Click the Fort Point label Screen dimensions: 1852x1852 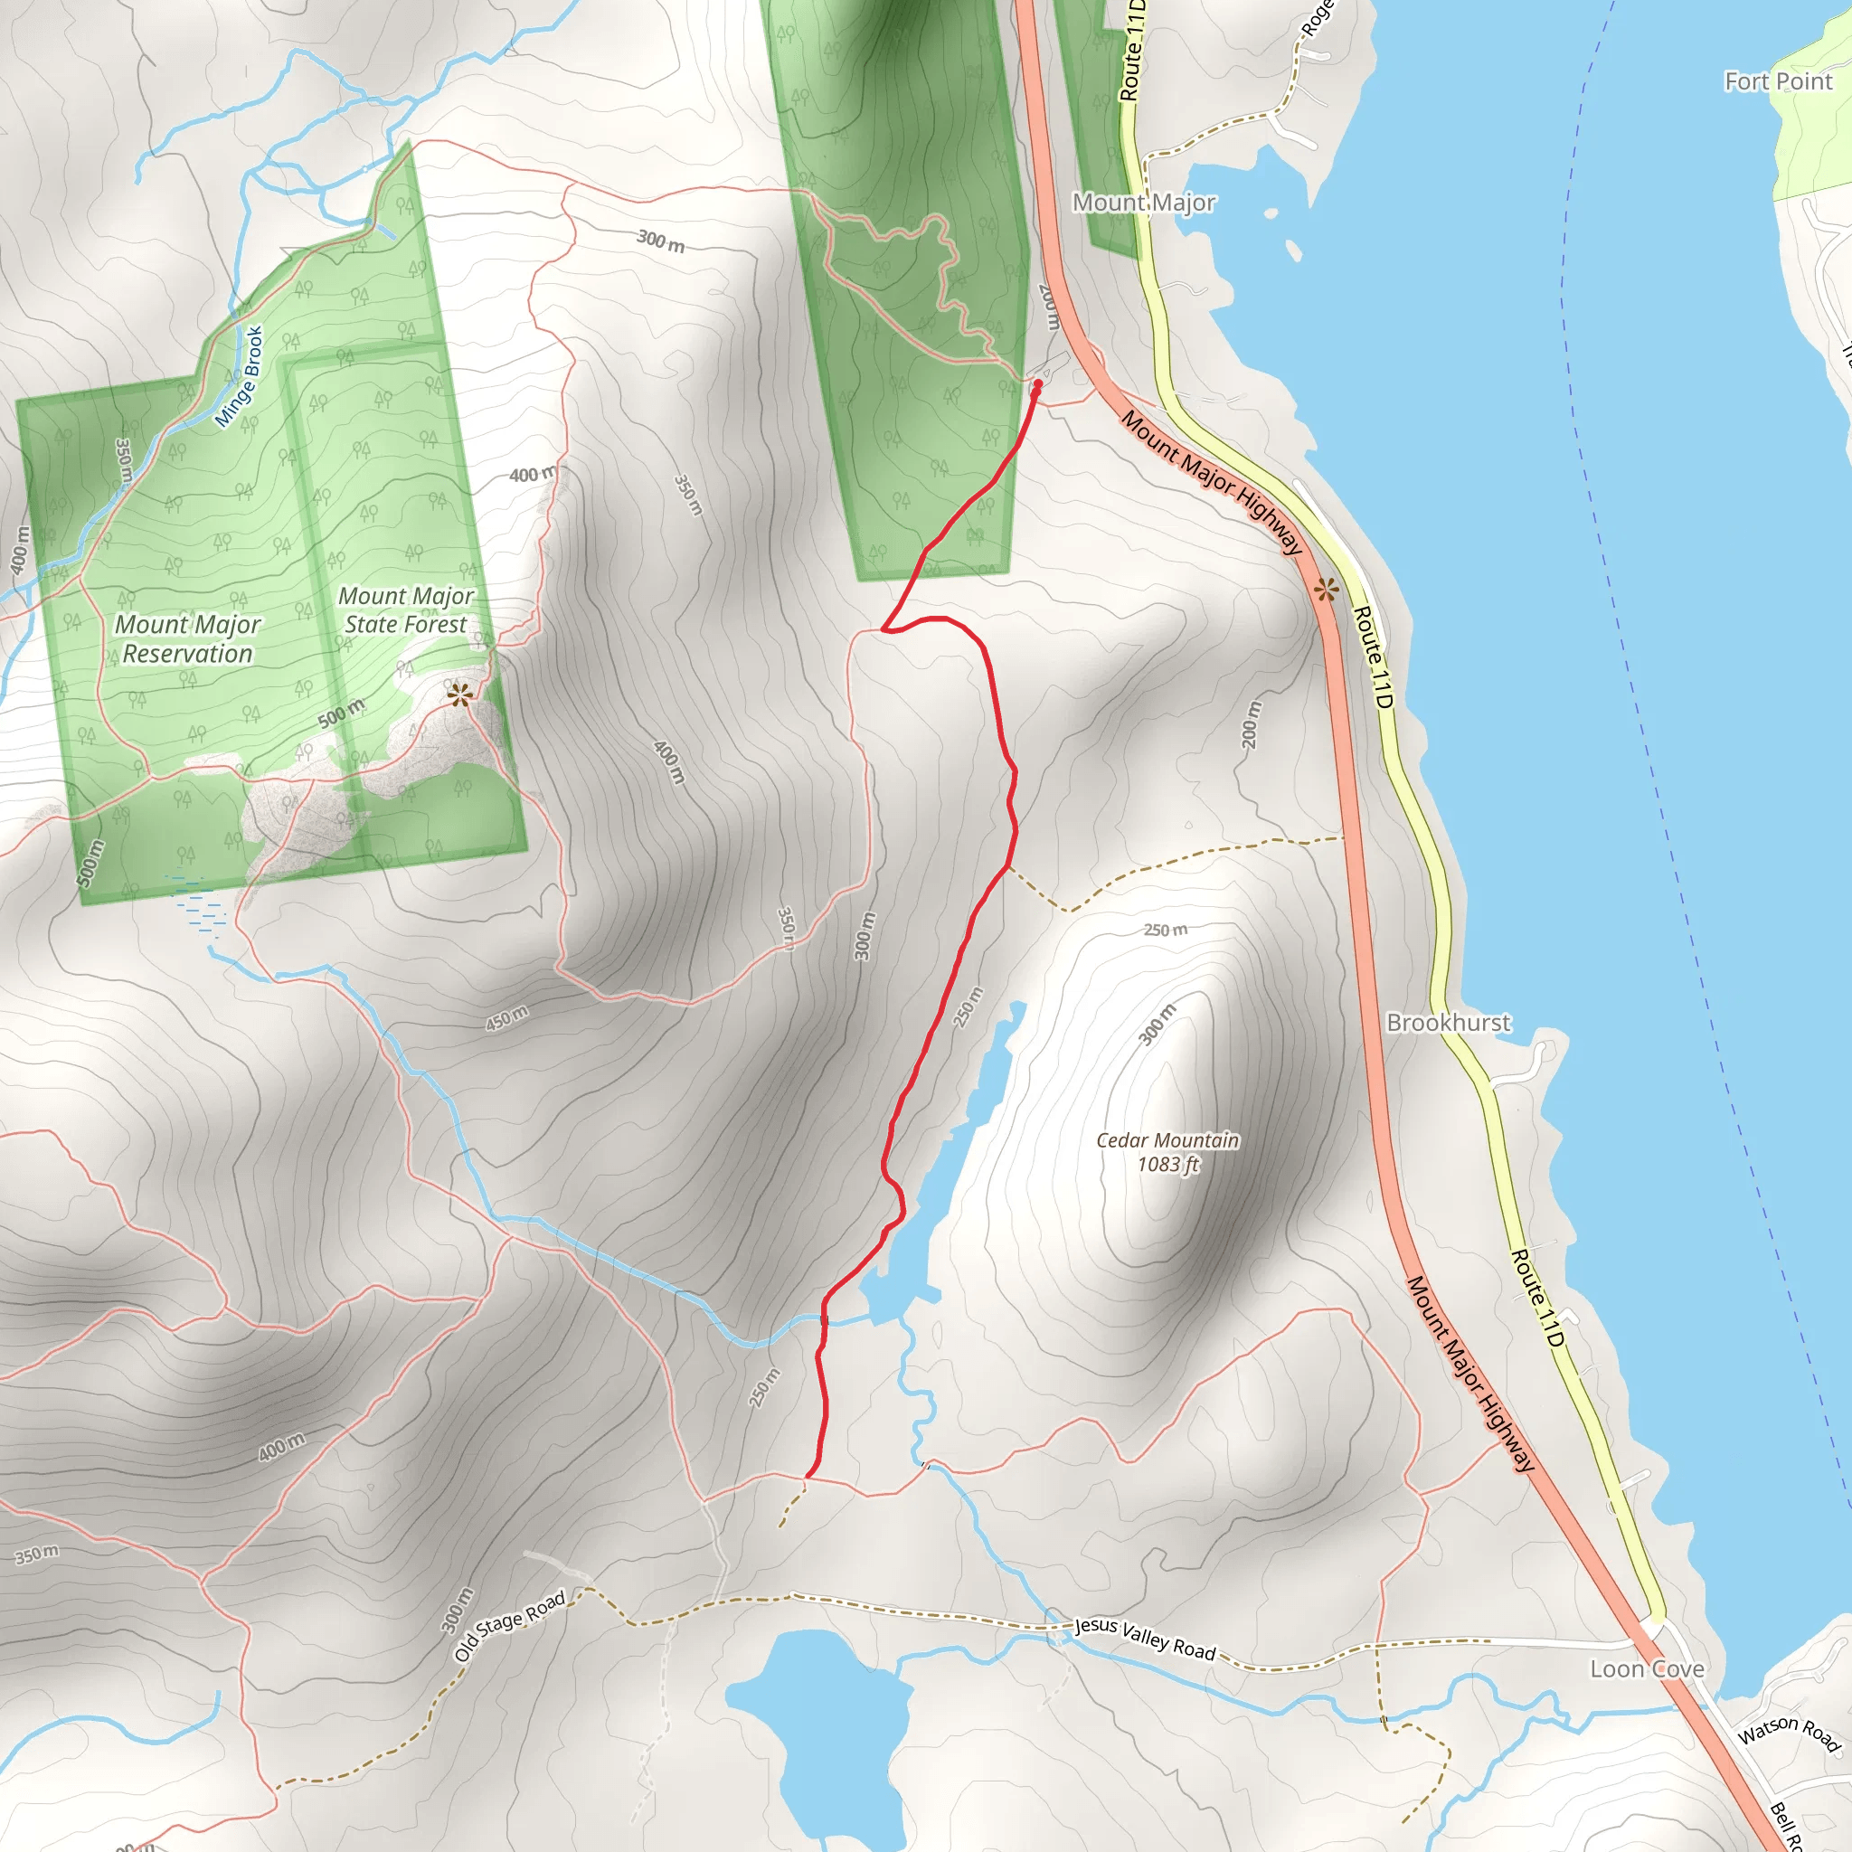coord(1778,81)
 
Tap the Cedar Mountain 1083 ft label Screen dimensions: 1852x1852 coord(1167,1152)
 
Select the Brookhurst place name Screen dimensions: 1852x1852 coord(1449,1023)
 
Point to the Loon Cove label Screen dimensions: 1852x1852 coord(1647,1669)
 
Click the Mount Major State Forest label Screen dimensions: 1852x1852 coord(406,610)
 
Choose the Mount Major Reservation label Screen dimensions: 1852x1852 coord(188,639)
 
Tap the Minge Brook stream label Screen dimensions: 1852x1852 coord(240,377)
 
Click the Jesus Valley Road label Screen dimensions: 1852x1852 coord(1145,1639)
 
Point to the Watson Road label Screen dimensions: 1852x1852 coord(1789,1734)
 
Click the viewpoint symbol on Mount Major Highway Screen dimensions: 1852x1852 coord(1326,590)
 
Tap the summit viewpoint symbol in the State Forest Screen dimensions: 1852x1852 coord(460,695)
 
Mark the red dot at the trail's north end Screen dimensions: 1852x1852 coord(1037,384)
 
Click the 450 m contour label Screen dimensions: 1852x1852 coord(506,1018)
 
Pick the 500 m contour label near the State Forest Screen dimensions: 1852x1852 coord(341,713)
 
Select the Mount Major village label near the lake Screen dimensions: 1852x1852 coord(1144,203)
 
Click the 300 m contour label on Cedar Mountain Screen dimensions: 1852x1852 coord(1157,1025)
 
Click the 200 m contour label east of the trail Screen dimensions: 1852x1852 coord(1251,724)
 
